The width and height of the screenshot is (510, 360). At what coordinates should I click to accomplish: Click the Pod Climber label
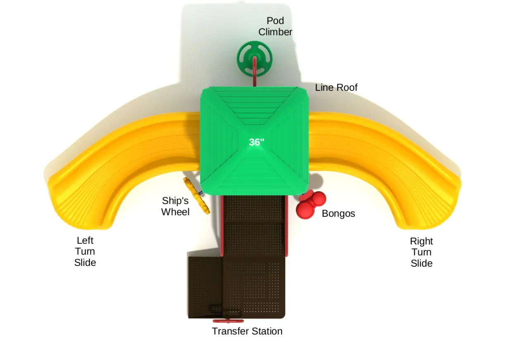pos(275,26)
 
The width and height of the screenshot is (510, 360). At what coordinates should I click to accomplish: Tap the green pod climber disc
pos(254,59)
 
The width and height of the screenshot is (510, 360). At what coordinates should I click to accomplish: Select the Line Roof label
pos(336,88)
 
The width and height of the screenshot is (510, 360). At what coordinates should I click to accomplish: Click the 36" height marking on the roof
pos(256,142)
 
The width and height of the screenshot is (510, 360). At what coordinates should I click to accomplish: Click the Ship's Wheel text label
pos(176,206)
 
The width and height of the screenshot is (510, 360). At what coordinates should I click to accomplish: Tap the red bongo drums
pos(310,204)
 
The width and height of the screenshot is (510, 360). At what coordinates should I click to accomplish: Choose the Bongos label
pos(338,214)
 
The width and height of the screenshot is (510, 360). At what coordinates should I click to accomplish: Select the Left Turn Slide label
pos(85,251)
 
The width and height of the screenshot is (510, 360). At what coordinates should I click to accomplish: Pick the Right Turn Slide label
pos(421,252)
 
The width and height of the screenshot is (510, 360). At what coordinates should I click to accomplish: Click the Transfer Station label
pos(247,331)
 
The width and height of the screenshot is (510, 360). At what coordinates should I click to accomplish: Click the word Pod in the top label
pos(275,21)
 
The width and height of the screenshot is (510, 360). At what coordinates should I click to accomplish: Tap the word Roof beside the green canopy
pos(347,88)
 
